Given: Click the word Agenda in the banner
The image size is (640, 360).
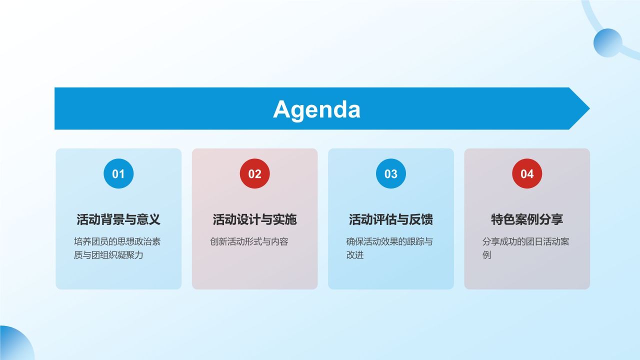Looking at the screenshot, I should pyautogui.click(x=316, y=109).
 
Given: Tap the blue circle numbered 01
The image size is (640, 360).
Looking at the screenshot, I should pyautogui.click(x=118, y=173).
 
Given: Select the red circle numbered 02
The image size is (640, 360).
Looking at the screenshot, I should pyautogui.click(x=254, y=173).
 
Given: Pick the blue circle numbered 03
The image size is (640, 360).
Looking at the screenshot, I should pyautogui.click(x=390, y=173).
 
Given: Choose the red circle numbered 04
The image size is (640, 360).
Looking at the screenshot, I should pyautogui.click(x=527, y=173).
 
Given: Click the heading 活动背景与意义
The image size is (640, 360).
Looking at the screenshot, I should pyautogui.click(x=118, y=219).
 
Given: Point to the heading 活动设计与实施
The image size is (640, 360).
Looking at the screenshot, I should pyautogui.click(x=254, y=219).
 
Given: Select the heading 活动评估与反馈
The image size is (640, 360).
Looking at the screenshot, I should pyautogui.click(x=390, y=219).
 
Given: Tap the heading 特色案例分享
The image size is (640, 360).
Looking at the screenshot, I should pyautogui.click(x=527, y=219).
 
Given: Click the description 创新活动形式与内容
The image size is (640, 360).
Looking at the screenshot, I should pyautogui.click(x=249, y=242).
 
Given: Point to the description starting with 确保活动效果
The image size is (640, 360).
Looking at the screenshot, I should pyautogui.click(x=389, y=248).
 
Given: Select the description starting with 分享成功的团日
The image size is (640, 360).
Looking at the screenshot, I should pyautogui.click(x=525, y=248).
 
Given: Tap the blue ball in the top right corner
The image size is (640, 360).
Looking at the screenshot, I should pyautogui.click(x=607, y=42).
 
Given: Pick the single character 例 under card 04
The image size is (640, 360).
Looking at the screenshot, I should pyautogui.click(x=487, y=255).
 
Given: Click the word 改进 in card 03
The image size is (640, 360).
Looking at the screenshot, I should pyautogui.click(x=355, y=255).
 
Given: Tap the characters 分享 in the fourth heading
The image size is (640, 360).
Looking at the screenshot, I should pyautogui.click(x=553, y=219).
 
